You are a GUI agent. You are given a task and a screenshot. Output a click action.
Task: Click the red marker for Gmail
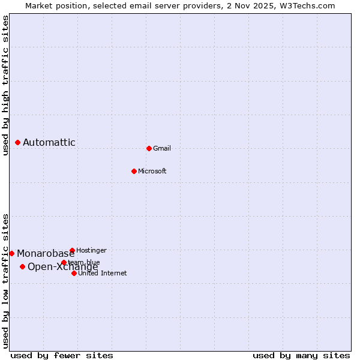149,148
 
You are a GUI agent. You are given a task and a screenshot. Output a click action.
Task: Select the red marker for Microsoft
134,171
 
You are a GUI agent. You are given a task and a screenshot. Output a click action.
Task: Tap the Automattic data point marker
17,142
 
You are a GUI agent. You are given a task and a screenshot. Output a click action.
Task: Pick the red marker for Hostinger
72,250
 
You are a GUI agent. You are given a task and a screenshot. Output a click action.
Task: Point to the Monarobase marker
11,253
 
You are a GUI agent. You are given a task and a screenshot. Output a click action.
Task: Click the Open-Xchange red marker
22,266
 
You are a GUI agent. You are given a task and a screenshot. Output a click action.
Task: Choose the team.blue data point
64,262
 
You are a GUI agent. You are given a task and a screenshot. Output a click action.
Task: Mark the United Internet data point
74,273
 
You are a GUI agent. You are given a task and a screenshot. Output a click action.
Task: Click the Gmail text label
162,148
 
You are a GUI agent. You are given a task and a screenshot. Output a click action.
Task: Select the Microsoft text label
152,171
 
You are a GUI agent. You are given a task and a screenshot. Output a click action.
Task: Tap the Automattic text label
49,142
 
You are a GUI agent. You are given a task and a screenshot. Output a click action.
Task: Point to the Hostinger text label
91,250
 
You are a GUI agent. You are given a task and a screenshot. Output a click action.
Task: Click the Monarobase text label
46,253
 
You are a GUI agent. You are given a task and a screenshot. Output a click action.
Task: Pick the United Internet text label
103,273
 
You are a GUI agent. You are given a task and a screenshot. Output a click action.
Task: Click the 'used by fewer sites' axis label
62,355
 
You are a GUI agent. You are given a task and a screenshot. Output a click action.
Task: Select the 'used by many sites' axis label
301,355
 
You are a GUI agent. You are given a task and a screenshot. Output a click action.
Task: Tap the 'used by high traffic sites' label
6,85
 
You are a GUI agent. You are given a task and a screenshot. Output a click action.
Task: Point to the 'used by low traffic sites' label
6,281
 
